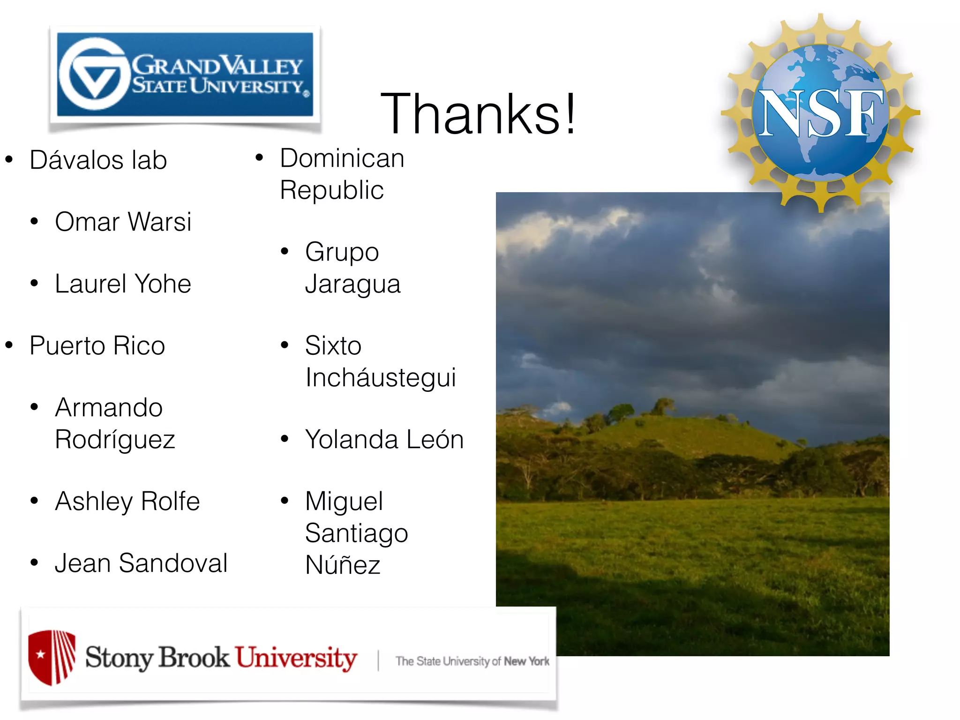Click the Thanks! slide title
(x=478, y=114)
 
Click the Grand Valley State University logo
(x=185, y=75)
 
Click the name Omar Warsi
(x=123, y=222)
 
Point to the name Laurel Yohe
(x=123, y=284)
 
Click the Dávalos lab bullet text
(x=98, y=160)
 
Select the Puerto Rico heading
(x=97, y=346)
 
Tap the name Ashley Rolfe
(x=127, y=502)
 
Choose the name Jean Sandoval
(x=141, y=563)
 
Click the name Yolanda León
(x=384, y=440)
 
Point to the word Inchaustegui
(x=381, y=378)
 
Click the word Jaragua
(x=353, y=284)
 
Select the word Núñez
(x=343, y=565)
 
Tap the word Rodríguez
(x=115, y=440)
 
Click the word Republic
(x=332, y=190)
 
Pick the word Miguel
(x=344, y=502)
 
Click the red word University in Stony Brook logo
(x=296, y=658)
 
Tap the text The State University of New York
(x=472, y=661)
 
